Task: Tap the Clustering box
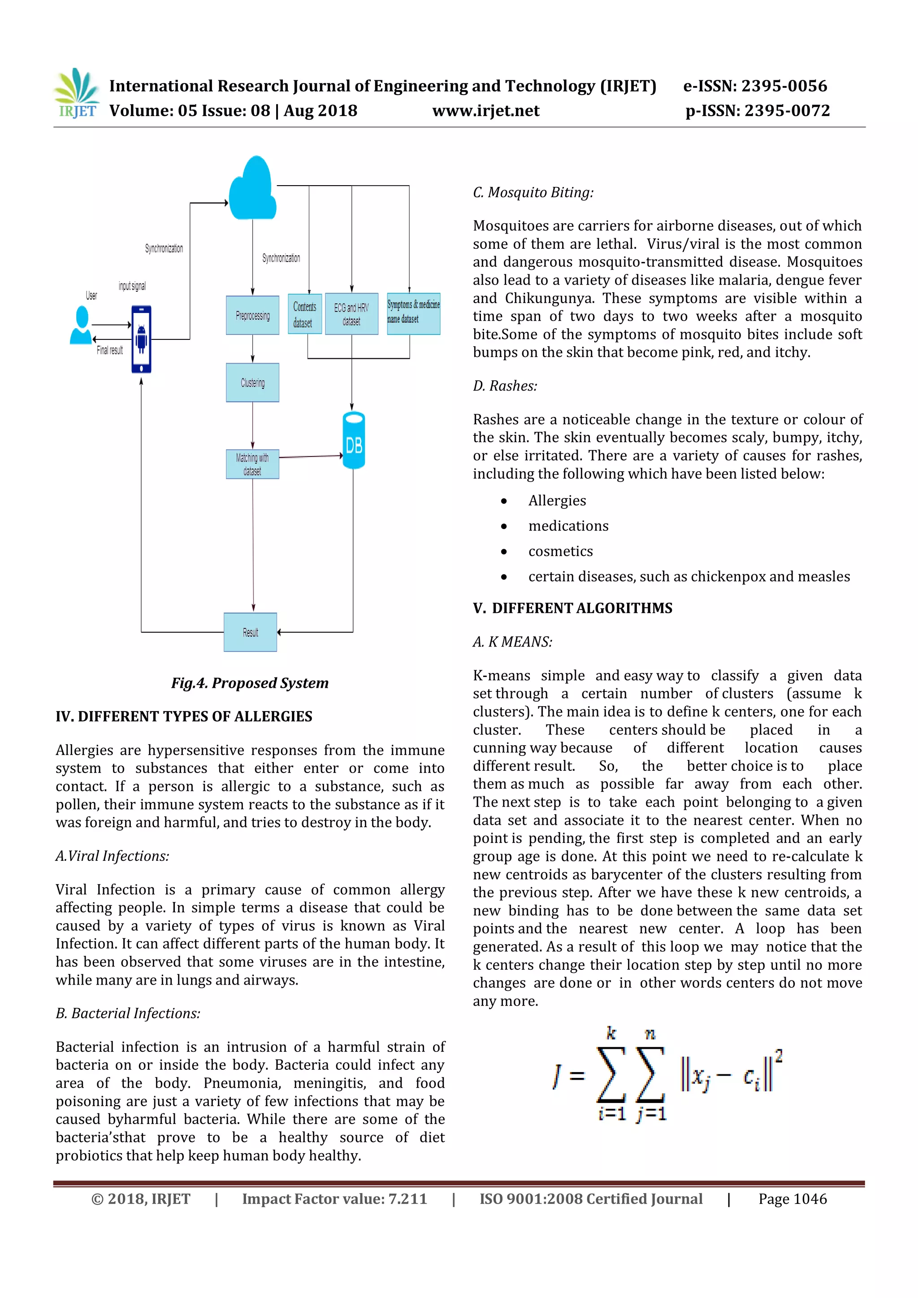253,383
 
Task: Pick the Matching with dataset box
253,464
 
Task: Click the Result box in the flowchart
251,632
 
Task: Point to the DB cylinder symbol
354,441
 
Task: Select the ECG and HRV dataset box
351,314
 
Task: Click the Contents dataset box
305,314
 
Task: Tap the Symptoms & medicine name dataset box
413,313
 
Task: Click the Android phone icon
141,339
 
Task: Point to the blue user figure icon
81,326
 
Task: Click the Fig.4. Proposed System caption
250,683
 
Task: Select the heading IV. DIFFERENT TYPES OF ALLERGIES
184,717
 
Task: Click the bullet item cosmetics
560,551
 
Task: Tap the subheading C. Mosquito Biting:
533,193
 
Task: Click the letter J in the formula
557,1076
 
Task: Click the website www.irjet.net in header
485,111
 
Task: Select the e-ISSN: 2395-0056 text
755,86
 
